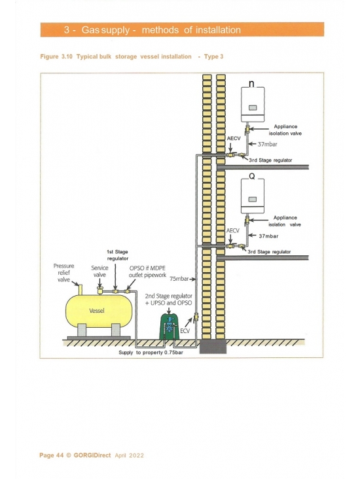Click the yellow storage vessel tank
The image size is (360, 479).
[99, 311]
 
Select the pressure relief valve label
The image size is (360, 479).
[63, 273]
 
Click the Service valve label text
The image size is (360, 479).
[99, 272]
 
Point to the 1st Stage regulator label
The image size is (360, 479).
[117, 255]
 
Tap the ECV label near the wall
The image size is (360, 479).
[185, 331]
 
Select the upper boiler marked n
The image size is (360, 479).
[253, 105]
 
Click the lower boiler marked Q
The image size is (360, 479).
[253, 196]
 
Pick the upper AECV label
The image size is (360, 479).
[234, 138]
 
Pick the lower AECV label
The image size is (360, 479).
[233, 230]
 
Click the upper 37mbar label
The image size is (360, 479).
[268, 144]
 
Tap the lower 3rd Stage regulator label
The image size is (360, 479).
[269, 252]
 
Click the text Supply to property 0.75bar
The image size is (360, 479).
[151, 353]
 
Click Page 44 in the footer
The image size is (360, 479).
[51, 455]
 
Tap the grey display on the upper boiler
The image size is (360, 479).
[253, 108]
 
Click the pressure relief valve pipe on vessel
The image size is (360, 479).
[81, 290]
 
